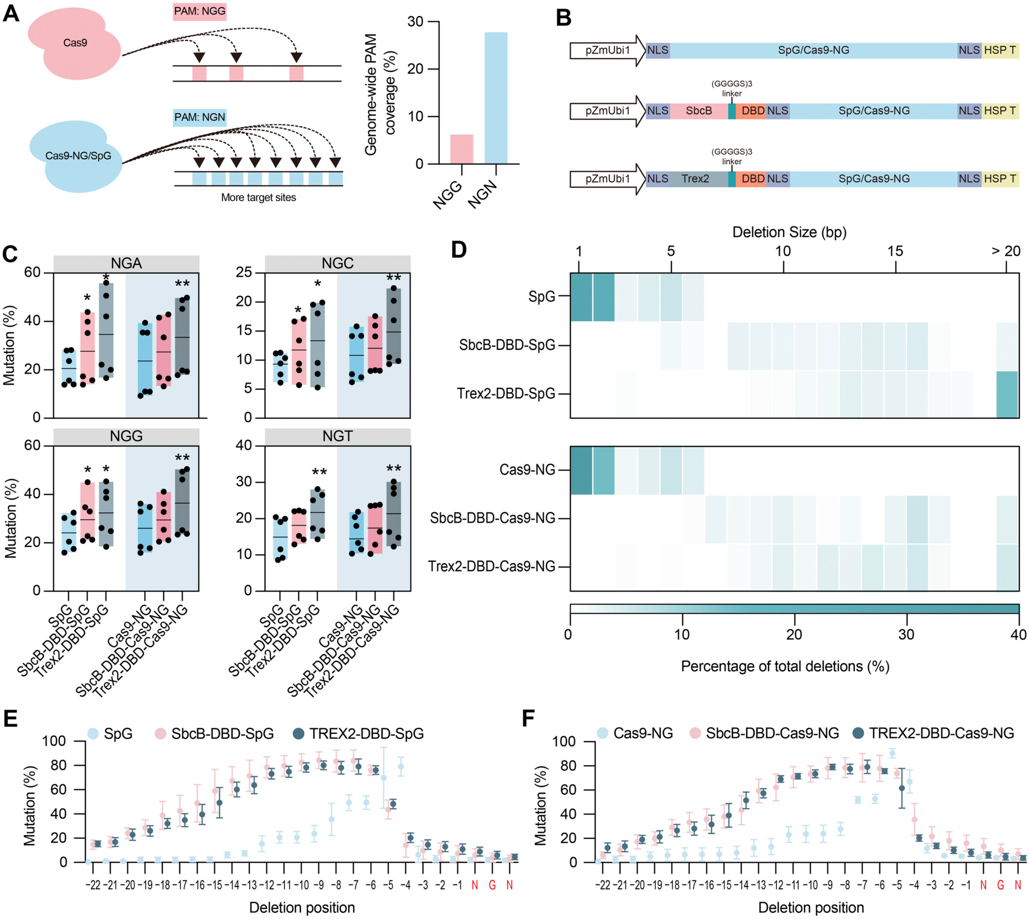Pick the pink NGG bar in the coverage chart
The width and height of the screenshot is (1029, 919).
coord(461,149)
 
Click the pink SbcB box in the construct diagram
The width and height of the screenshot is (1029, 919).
coord(699,111)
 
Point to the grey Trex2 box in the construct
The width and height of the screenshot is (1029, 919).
coord(695,179)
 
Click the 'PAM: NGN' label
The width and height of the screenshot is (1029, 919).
coord(199,117)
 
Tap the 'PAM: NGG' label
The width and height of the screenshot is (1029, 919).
coord(199,11)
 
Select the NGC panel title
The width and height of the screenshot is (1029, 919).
coord(337,263)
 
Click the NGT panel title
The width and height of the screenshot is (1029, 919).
coord(337,436)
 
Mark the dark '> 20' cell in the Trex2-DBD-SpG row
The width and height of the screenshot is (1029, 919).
coord(1007,394)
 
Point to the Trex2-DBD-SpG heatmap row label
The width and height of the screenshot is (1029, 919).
coord(506,394)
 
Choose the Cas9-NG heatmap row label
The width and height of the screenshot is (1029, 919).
coord(527,470)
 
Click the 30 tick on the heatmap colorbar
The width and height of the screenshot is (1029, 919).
coord(907,635)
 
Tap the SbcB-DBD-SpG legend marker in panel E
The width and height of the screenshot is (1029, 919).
coord(160,734)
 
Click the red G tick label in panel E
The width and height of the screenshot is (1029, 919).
coord(492,885)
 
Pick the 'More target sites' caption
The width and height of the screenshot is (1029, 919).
coord(258,197)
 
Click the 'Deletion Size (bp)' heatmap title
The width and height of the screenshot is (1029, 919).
coord(789,232)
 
